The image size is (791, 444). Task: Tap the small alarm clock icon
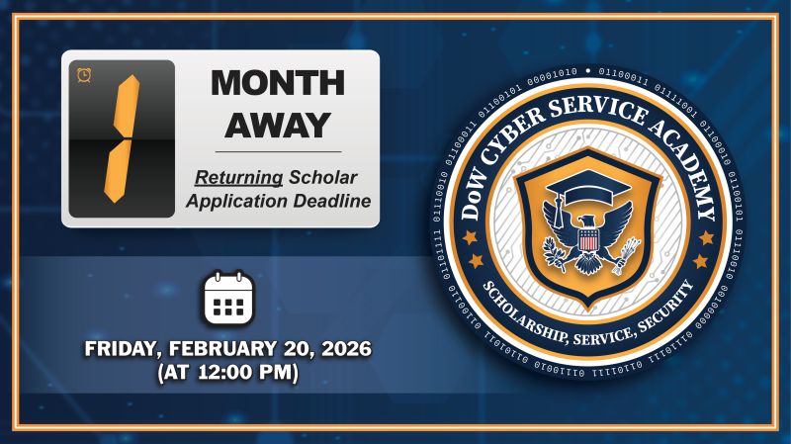[x=84, y=75]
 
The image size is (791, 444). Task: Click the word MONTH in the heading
[x=277, y=83]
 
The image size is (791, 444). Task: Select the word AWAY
[x=277, y=126]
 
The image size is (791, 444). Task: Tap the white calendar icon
[x=228, y=300]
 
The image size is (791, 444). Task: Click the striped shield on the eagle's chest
[x=588, y=240]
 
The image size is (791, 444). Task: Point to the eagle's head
[x=588, y=221]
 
